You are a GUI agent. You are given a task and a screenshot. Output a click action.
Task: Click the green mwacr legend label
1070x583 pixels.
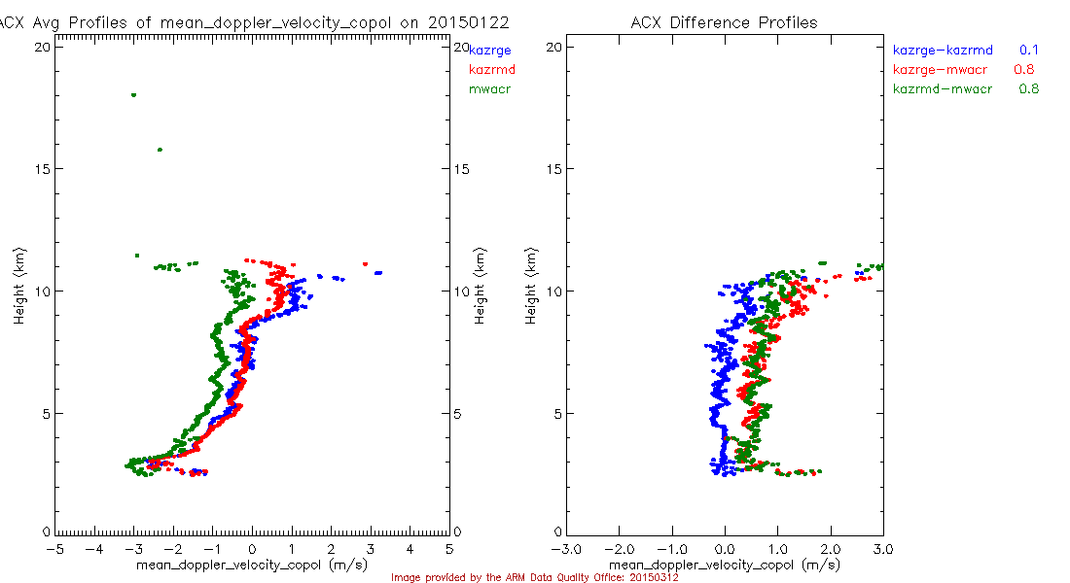coord(489,89)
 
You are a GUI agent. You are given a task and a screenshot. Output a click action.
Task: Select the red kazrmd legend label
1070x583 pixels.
coord(491,69)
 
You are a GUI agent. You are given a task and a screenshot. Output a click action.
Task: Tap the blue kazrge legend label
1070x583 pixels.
coord(490,49)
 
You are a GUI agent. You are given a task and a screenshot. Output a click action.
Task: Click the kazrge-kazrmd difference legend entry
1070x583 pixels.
coord(943,49)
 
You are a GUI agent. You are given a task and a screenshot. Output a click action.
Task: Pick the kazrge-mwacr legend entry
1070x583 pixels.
coord(939,69)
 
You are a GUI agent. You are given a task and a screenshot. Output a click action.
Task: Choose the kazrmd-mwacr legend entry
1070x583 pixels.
coord(943,89)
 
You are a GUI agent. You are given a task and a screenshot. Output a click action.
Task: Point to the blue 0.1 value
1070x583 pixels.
coord(1029,49)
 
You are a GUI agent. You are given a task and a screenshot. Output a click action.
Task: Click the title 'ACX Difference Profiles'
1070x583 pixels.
coord(724,22)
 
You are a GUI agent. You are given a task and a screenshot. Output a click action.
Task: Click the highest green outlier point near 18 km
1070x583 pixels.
coord(133,95)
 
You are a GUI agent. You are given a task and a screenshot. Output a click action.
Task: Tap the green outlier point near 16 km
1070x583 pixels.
coord(160,150)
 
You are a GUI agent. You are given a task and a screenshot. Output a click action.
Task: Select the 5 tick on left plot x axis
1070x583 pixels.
coord(449,549)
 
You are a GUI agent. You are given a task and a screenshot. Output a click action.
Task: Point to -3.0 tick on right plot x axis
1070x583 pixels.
coord(567,549)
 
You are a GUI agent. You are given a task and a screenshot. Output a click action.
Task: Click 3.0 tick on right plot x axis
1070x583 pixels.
coord(883,549)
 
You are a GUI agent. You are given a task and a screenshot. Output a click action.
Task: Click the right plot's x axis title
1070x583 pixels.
coord(724,565)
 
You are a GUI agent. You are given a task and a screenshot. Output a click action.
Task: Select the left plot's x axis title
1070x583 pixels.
coord(251,565)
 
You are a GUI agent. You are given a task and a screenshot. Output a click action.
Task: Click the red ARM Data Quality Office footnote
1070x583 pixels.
coord(534,577)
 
